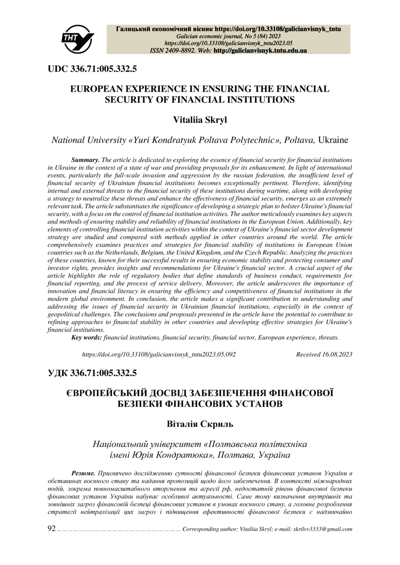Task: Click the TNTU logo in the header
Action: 78,39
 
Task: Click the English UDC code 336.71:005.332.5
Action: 104,69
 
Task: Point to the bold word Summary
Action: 85,160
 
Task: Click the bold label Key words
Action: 87,338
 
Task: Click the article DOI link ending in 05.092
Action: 158,354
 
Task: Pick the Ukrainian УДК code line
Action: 92,374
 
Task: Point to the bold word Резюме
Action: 83,469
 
